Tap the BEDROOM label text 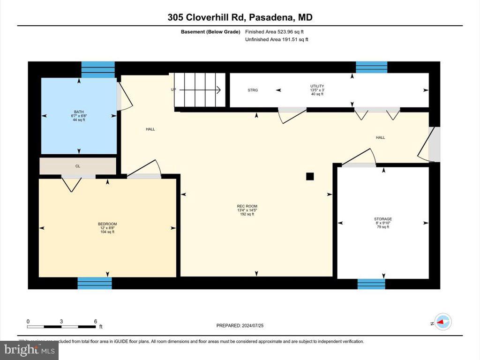[x=107, y=224]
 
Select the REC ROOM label [x=247, y=206]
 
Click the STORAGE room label [x=383, y=219]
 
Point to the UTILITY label [x=317, y=86]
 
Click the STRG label [x=253, y=90]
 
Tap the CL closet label [x=78, y=166]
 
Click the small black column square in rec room [x=310, y=176]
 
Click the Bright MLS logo [x=29, y=350]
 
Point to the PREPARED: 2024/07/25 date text [x=243, y=325]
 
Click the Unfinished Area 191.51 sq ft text [x=277, y=40]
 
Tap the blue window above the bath [x=98, y=69]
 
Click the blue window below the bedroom [x=95, y=283]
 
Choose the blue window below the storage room [x=371, y=284]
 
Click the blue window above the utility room [x=371, y=67]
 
